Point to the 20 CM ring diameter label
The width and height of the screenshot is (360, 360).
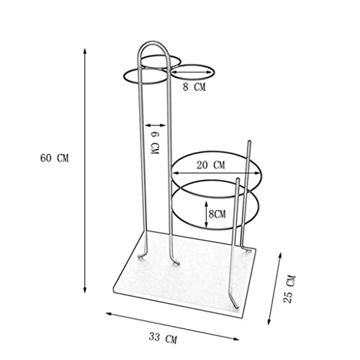click(x=210, y=165)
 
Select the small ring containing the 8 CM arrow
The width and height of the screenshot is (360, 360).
click(x=192, y=72)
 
